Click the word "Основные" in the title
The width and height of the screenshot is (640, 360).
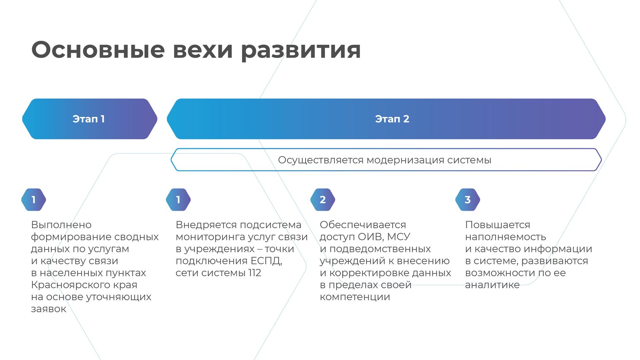98,50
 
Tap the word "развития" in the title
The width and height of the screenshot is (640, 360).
301,50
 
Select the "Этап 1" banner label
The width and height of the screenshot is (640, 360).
89,119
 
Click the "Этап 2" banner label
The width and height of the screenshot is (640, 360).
392,119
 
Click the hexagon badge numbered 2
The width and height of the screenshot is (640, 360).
323,200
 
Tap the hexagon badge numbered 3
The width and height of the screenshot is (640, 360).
467,200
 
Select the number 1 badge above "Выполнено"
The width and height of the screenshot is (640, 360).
34,200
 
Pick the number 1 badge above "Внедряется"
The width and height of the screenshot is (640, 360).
178,200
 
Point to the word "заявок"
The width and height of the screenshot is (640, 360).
48,309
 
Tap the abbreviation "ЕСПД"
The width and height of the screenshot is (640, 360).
266,261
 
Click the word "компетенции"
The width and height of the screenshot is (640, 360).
355,297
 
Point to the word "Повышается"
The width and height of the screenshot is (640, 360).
498,225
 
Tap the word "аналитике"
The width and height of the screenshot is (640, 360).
492,285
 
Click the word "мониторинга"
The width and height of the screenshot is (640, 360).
210,237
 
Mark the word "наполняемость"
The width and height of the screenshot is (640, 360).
506,237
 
